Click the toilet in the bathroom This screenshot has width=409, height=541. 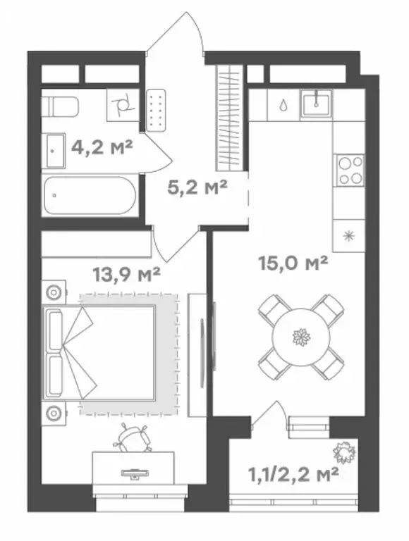coord(60,106)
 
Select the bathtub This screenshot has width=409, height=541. coord(90,195)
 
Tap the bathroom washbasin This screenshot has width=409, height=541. coord(54,151)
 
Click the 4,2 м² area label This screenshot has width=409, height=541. coord(102,149)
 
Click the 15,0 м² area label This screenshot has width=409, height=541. coord(293,263)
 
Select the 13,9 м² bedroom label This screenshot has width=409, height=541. coord(126,275)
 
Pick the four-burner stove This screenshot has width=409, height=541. coord(350,170)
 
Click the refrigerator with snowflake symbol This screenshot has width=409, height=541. coord(348,236)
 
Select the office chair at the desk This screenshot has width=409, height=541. coord(133,437)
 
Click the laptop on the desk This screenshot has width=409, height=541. coord(135,473)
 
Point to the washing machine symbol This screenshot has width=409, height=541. coord(123,105)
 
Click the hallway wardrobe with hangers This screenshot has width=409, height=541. coord(228,118)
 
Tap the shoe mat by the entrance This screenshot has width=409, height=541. coord(156,111)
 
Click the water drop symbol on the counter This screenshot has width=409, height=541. coord(283,105)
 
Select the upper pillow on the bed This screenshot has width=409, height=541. coord(56,330)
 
